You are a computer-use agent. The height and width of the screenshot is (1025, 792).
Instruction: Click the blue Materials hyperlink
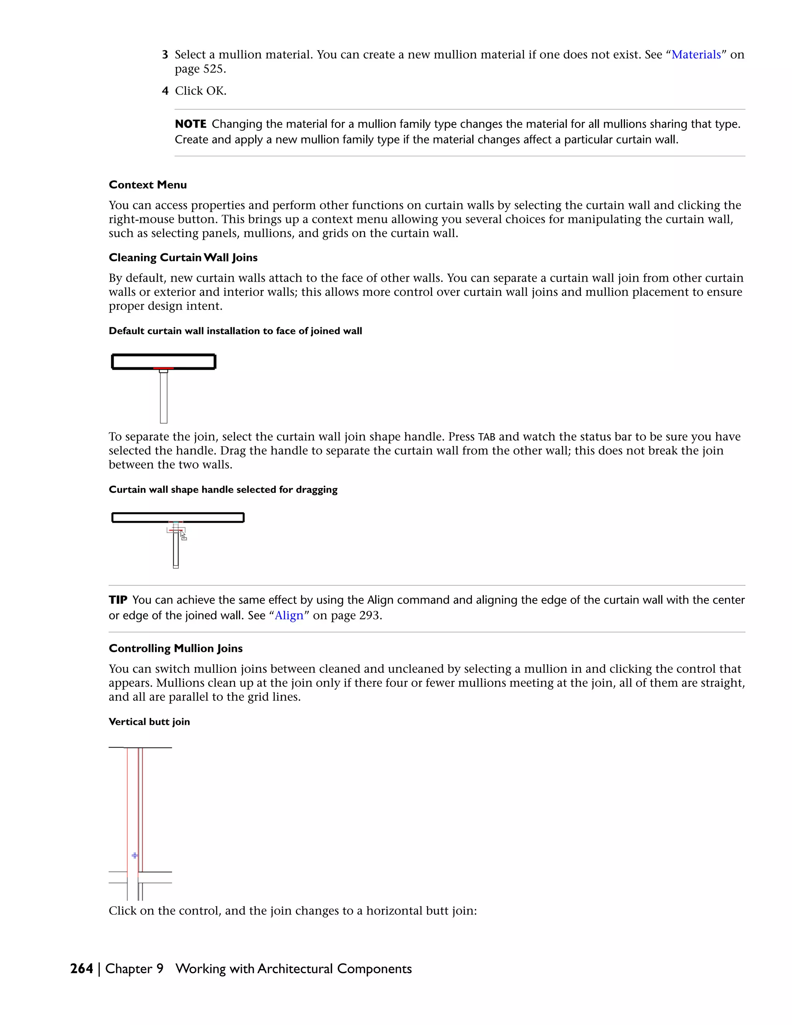[x=696, y=55]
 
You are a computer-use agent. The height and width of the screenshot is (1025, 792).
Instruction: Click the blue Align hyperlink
[x=289, y=615]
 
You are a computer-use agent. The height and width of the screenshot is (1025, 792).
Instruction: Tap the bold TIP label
[x=118, y=600]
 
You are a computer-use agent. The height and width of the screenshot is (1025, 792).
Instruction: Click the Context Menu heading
[x=148, y=185]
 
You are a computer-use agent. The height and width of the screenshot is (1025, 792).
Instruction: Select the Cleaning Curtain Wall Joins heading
[x=183, y=258]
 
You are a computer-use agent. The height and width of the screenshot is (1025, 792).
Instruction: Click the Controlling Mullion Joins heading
[x=176, y=649]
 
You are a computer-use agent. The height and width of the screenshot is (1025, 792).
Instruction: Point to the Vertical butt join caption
[x=149, y=722]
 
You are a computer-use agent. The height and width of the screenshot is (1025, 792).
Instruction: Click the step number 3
[x=165, y=55]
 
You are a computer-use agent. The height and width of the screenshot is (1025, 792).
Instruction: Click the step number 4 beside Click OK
[x=165, y=91]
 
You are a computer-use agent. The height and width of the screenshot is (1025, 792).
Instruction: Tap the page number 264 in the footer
[x=82, y=969]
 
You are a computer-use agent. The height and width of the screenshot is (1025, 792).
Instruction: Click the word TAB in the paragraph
[x=486, y=437]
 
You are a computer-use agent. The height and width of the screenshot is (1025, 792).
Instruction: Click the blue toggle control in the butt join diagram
[x=135, y=856]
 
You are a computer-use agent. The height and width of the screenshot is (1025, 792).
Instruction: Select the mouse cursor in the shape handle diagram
[x=183, y=535]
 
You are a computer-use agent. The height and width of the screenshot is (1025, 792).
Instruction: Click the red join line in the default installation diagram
[x=163, y=368]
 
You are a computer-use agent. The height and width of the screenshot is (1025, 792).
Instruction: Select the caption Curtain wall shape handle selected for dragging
[x=223, y=490]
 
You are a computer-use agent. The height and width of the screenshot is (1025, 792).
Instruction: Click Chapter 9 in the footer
[x=134, y=969]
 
